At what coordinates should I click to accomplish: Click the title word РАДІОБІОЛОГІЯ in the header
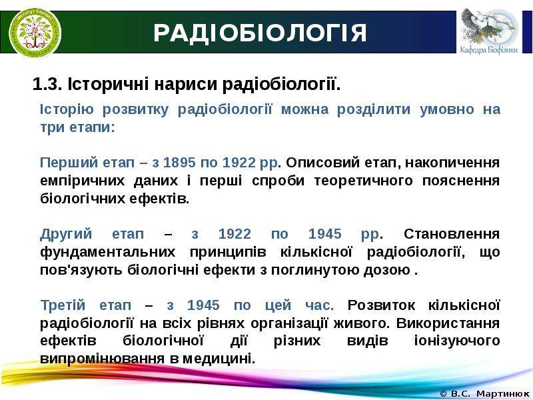pyautogui.click(x=260, y=33)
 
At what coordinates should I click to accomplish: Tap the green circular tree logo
pyautogui.click(x=35, y=33)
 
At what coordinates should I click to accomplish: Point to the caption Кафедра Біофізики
pyautogui.click(x=489, y=50)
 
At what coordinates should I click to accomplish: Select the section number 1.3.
pyautogui.click(x=47, y=85)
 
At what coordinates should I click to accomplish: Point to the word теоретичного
pyautogui.click(x=363, y=181)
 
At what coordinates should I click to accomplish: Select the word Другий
pyautogui.click(x=66, y=235)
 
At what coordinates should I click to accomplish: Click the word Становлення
pyautogui.click(x=452, y=234)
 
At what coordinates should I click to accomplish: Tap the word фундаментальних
pyautogui.click(x=108, y=253)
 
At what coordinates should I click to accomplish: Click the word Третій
pyautogui.click(x=63, y=305)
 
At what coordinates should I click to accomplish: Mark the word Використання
pyautogui.click(x=448, y=323)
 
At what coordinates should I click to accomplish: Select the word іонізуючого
pyautogui.click(x=457, y=341)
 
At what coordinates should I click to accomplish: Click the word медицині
pyautogui.click(x=219, y=359)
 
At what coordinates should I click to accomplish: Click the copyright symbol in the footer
pyautogui.click(x=443, y=394)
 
